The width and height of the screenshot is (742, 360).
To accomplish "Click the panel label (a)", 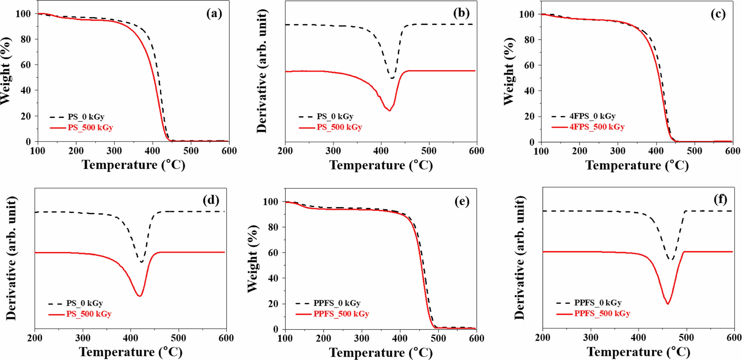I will (x=214, y=14).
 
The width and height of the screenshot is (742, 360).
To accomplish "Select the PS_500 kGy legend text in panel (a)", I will (x=90, y=127).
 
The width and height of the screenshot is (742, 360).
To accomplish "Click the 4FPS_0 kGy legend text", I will (x=593, y=116).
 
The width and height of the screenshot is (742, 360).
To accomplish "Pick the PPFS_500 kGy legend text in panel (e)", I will (x=341, y=314).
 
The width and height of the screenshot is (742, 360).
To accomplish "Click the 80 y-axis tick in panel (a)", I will (x=26, y=39).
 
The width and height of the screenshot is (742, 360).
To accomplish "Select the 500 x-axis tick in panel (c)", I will (x=694, y=151).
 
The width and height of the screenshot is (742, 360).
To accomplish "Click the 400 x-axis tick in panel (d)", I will (x=131, y=338).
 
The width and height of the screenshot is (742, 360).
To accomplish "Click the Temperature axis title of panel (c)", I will (x=637, y=165).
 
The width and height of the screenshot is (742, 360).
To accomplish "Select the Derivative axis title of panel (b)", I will (x=262, y=71).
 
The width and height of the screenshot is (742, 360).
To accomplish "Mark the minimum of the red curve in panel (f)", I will (x=667, y=304).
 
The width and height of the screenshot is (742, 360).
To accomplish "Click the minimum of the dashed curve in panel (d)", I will (x=141, y=262).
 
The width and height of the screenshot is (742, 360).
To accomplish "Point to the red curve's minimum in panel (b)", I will (x=389, y=110).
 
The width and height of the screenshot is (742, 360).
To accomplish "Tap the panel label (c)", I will (x=718, y=14).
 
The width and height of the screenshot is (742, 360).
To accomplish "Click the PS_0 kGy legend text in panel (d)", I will (x=84, y=303).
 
